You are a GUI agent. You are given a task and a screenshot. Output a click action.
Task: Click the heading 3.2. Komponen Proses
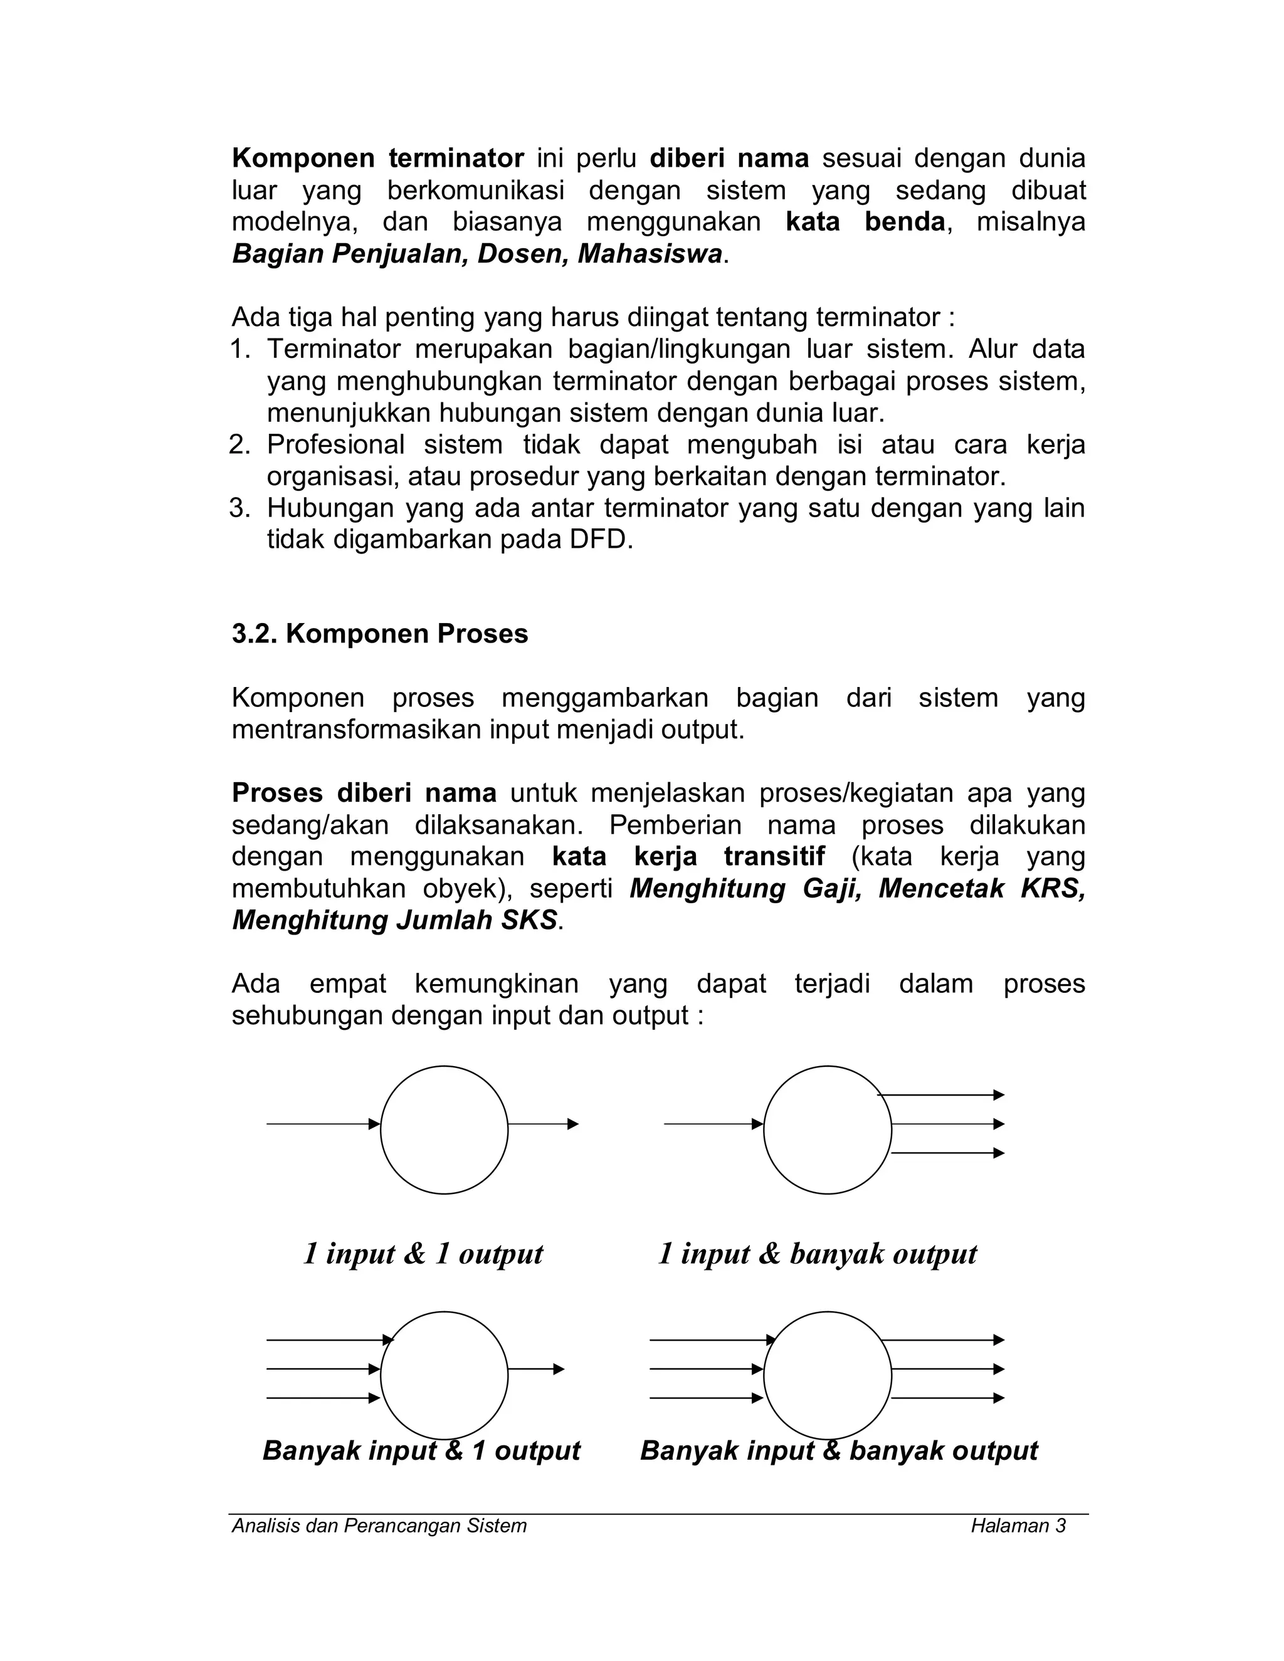(x=379, y=634)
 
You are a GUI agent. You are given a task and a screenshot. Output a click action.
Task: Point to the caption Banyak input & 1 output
(x=421, y=1450)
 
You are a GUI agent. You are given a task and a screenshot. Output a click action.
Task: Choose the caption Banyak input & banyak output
(x=838, y=1450)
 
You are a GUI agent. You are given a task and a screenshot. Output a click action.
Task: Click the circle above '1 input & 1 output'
(x=445, y=1129)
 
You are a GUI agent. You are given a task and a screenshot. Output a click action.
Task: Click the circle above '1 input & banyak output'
(x=827, y=1129)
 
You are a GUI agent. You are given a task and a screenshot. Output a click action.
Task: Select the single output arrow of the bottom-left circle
(x=535, y=1369)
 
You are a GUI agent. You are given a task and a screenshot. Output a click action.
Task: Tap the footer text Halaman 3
(x=1018, y=1526)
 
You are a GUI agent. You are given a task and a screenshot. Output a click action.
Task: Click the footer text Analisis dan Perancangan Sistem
(x=379, y=1526)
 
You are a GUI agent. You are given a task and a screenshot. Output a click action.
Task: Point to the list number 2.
(x=239, y=445)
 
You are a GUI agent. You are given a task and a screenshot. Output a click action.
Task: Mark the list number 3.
(x=239, y=508)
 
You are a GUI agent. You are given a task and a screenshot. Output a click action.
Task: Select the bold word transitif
(x=774, y=856)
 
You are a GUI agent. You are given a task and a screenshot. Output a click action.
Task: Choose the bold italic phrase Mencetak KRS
(x=981, y=888)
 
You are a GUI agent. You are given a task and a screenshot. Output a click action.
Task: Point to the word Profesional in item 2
(x=335, y=444)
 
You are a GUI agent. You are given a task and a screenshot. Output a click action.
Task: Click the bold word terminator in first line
(x=456, y=158)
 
